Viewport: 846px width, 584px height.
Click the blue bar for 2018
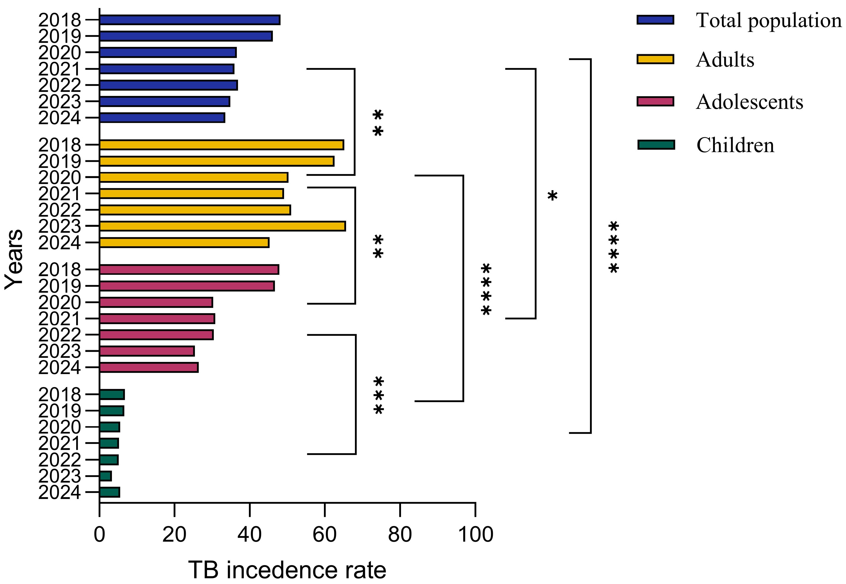coord(190,20)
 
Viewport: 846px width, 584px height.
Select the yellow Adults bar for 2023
coord(222,226)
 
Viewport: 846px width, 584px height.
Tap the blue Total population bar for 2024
coord(162,118)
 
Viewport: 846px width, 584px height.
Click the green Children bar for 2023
coord(105,476)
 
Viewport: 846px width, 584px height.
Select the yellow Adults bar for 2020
coord(193,178)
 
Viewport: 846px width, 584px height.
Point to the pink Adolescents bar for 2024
coord(149,367)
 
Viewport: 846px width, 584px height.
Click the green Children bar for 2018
coord(112,394)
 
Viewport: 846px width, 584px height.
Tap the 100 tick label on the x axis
coord(475,535)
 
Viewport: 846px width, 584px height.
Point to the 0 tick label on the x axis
coord(100,535)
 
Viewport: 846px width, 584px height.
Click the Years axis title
coord(15,259)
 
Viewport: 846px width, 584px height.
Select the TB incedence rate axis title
coord(287,570)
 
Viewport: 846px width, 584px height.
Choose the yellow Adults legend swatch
coord(655,59)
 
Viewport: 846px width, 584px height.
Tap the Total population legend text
coord(768,20)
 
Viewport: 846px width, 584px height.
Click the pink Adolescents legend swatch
coord(655,101)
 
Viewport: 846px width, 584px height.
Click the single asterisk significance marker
coord(552,196)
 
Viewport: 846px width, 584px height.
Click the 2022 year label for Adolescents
coord(59,335)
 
